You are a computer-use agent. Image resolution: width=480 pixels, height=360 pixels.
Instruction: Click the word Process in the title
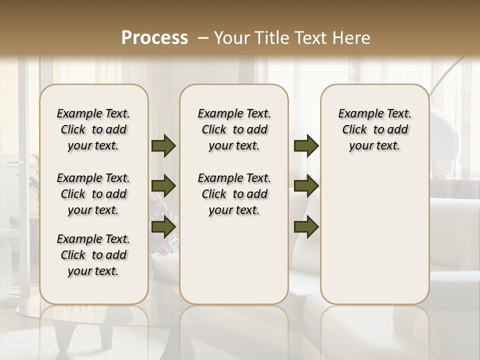pyautogui.click(x=154, y=38)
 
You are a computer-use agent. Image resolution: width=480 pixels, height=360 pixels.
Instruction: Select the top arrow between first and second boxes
pyautogui.click(x=163, y=146)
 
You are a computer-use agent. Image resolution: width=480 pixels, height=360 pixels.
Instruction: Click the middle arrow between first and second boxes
pyautogui.click(x=163, y=186)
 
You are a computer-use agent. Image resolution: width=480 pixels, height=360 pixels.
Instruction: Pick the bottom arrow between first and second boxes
pyautogui.click(x=163, y=226)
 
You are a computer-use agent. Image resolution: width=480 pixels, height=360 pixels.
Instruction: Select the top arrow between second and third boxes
pyautogui.click(x=306, y=146)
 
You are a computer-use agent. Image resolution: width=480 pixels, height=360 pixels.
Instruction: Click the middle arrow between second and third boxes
pyautogui.click(x=306, y=186)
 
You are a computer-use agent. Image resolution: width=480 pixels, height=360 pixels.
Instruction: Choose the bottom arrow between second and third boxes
pyautogui.click(x=306, y=226)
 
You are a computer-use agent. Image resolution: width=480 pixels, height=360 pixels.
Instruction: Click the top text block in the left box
pyautogui.click(x=93, y=129)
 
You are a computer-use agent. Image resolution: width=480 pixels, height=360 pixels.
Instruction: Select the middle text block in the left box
pyautogui.click(x=93, y=194)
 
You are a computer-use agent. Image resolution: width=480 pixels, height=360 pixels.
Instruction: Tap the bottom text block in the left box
pyautogui.click(x=93, y=255)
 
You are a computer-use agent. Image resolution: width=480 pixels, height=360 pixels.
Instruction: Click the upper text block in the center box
pyautogui.click(x=234, y=129)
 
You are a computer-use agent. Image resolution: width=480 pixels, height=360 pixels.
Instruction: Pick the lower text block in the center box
pyautogui.click(x=234, y=194)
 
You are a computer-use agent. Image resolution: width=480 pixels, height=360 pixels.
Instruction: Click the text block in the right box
pyautogui.click(x=374, y=129)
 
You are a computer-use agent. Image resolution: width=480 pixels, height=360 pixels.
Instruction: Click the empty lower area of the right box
pyautogui.click(x=374, y=235)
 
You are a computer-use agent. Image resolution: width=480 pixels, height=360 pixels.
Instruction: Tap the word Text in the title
pyautogui.click(x=308, y=38)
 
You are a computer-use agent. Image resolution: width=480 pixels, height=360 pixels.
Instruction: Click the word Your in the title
pyautogui.click(x=231, y=38)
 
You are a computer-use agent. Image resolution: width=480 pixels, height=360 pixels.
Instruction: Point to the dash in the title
pyautogui.click(x=203, y=38)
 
